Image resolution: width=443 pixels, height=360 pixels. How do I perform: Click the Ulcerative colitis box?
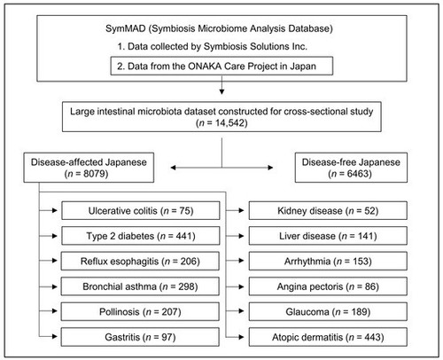141,210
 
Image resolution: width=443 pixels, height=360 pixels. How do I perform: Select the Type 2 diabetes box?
141,236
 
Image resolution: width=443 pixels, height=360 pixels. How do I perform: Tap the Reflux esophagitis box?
140,261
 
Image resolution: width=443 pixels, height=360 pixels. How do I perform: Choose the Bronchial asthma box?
140,286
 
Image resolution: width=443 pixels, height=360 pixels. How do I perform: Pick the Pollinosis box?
140,311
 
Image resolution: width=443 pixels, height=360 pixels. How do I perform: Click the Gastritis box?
140,337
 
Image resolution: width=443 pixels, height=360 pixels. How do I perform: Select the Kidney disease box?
328,210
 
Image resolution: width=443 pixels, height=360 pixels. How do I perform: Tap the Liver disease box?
328,236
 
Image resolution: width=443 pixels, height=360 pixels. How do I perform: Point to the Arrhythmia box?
328,261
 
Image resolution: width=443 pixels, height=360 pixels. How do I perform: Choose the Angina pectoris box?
328,286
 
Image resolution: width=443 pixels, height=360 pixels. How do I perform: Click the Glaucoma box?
328,311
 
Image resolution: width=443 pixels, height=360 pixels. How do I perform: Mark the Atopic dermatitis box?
328,337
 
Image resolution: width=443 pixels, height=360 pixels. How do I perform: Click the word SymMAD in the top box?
126,28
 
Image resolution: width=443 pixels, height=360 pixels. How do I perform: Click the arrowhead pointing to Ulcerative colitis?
54,210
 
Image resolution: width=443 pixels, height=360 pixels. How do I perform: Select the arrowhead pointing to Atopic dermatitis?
241,337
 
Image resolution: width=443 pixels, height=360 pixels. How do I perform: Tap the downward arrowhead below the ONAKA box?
221,91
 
